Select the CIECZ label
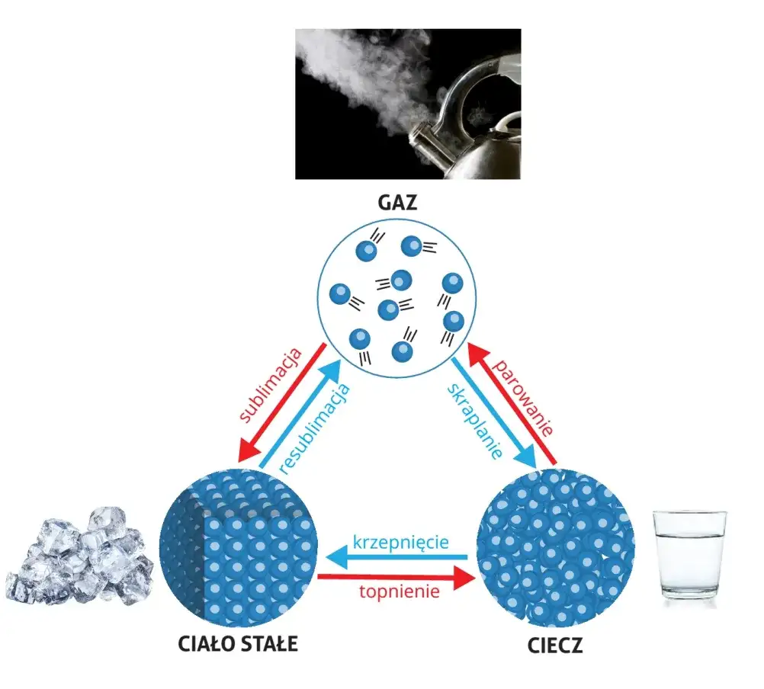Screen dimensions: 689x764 [555, 646]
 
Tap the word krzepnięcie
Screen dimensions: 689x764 [400, 543]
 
